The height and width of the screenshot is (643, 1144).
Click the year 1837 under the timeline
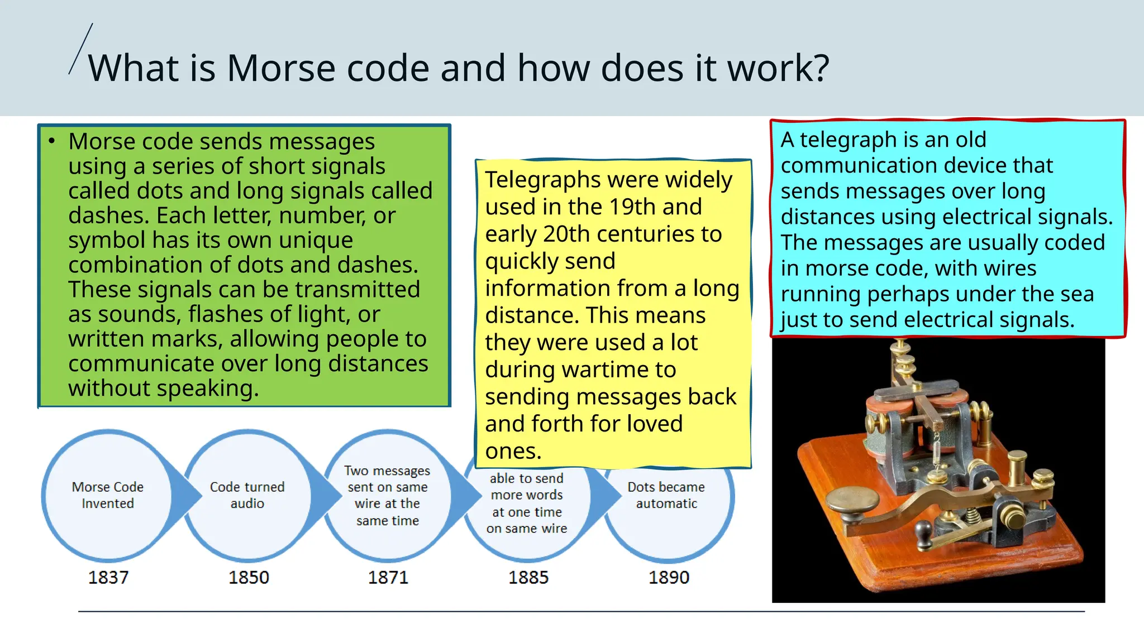pyautogui.click(x=108, y=577)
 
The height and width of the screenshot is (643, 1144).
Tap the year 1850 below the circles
pyautogui.click(x=249, y=577)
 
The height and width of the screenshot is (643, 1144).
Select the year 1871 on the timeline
pyautogui.click(x=388, y=577)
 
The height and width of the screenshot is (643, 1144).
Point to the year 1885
pyautogui.click(x=528, y=577)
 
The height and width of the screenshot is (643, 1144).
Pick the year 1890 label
pyautogui.click(x=669, y=577)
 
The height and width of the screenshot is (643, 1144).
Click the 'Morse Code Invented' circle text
pyautogui.click(x=108, y=495)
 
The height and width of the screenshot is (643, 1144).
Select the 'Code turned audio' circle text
pyautogui.click(x=247, y=495)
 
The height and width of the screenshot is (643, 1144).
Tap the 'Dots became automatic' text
pyautogui.click(x=666, y=495)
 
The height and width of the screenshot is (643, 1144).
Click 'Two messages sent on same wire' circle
pyautogui.click(x=388, y=496)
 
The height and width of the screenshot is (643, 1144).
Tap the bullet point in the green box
pyautogui.click(x=51, y=141)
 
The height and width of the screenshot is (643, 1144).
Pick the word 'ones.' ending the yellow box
pyautogui.click(x=513, y=451)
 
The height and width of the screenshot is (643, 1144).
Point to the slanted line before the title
pyautogui.click(x=81, y=49)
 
